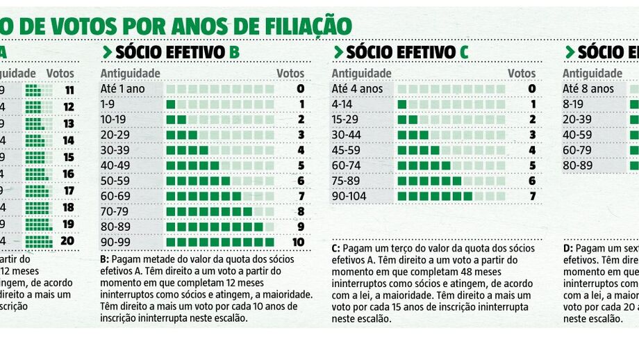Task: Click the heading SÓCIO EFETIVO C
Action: click(407, 52)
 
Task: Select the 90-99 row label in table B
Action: click(117, 242)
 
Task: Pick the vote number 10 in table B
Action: click(297, 242)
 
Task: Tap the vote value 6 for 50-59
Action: click(301, 181)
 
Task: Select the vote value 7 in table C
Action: click(532, 196)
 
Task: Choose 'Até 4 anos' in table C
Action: click(357, 89)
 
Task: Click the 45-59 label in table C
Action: click(348, 150)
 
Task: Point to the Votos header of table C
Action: click(522, 74)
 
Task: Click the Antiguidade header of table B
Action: click(131, 74)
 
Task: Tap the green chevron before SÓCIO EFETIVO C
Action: click(338, 52)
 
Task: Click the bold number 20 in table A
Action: click(68, 242)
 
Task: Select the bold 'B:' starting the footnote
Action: click(105, 259)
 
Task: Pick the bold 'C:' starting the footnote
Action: click(336, 248)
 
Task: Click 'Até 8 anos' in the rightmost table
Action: click(588, 89)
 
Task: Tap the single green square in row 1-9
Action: click(171, 104)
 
